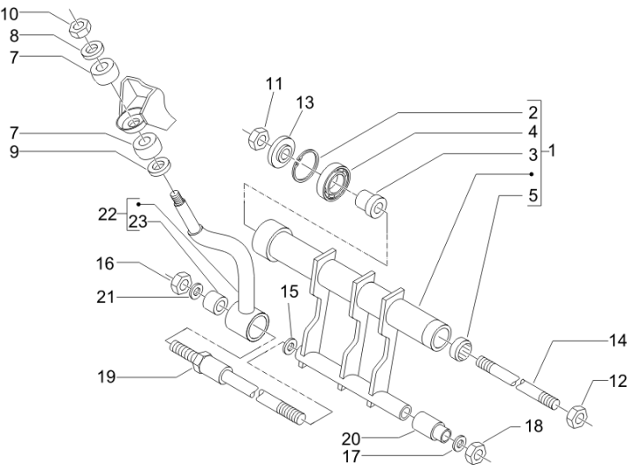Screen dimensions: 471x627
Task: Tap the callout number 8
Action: pos(14,35)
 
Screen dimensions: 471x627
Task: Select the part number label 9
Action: pos(15,151)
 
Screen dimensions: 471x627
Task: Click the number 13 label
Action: pos(306,103)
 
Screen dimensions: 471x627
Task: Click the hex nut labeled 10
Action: pos(77,21)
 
